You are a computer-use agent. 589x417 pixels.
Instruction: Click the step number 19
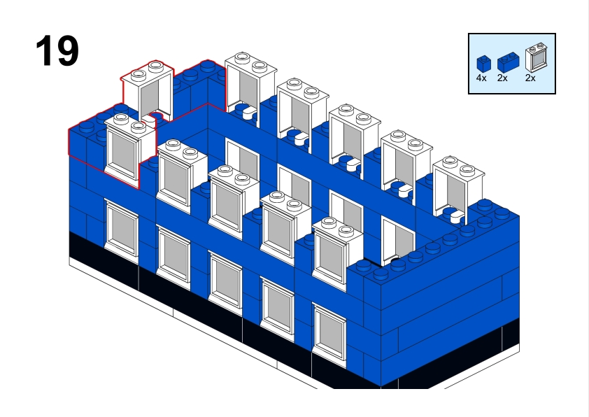[57, 50]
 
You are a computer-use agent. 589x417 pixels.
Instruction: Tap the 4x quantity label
[481, 78]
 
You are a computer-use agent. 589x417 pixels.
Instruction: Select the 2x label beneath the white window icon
[530, 78]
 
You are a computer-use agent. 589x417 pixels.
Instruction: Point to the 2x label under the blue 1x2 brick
[502, 78]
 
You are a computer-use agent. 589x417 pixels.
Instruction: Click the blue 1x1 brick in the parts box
[483, 63]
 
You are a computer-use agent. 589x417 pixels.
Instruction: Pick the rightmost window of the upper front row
[332, 255]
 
